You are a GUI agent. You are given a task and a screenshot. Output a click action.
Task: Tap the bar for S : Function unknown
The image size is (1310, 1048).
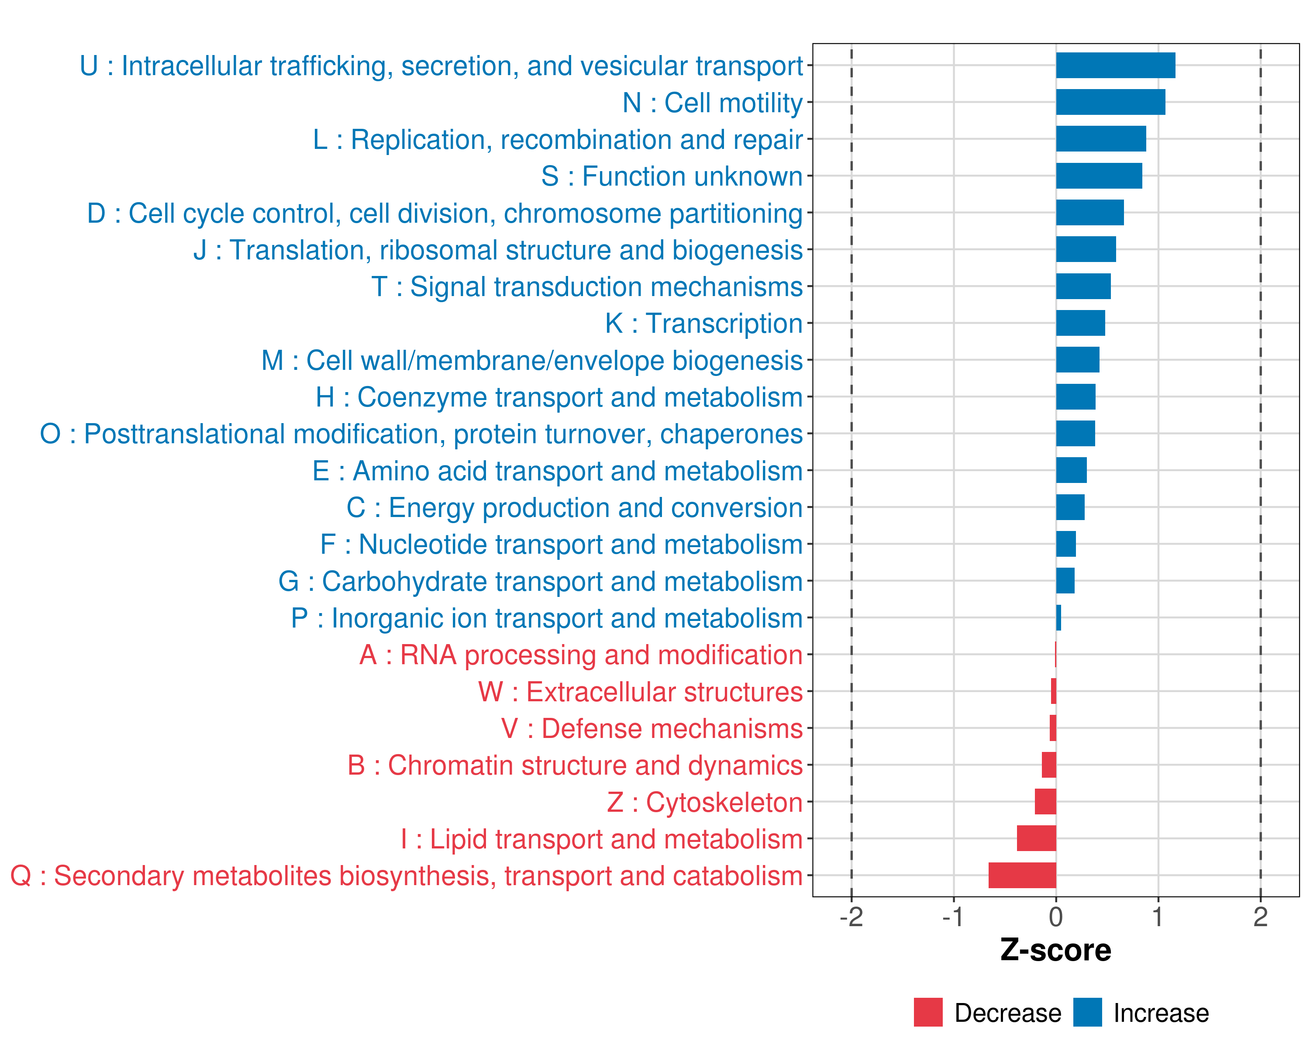1099,176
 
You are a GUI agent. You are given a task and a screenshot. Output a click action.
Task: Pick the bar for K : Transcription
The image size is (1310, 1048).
1080,323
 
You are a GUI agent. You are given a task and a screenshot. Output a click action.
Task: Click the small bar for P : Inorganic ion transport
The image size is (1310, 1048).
1058,618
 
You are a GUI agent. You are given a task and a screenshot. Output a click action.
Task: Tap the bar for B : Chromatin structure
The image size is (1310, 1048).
1049,765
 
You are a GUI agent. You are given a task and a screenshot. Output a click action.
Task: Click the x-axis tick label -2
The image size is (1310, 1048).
851,917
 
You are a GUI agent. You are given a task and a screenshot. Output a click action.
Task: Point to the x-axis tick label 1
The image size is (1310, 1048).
1158,917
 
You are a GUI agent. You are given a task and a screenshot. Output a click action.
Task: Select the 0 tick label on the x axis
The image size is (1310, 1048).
1056,917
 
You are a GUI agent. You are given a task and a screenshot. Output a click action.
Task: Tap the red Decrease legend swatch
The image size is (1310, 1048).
928,1012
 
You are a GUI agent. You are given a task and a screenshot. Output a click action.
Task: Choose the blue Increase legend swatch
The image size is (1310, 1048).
1087,1012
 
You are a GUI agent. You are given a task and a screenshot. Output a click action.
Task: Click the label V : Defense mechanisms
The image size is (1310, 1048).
652,728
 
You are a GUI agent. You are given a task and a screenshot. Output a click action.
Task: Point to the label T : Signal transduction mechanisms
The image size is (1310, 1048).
587,287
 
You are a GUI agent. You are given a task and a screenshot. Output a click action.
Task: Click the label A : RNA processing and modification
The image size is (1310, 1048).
581,655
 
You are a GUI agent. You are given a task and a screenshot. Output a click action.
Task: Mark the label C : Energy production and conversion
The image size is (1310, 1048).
574,508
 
